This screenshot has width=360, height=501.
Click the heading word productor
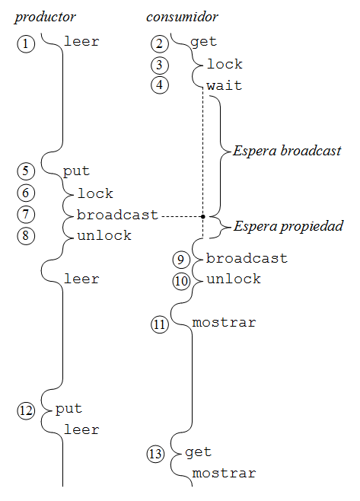pyautogui.click(x=45, y=18)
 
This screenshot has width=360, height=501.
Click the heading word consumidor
pyautogui.click(x=182, y=17)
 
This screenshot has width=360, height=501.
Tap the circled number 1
pyautogui.click(x=26, y=43)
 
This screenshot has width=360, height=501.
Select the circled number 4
pyautogui.click(x=160, y=85)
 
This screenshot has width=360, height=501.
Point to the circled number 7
pyautogui.click(x=26, y=214)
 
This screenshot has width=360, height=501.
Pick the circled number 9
pyautogui.click(x=181, y=260)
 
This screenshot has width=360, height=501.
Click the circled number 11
pyautogui.click(x=159, y=324)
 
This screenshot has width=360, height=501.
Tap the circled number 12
pyautogui.click(x=26, y=410)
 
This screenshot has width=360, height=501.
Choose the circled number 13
pyautogui.click(x=155, y=454)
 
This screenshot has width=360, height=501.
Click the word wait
pyautogui.click(x=225, y=85)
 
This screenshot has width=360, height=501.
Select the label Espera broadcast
pyautogui.click(x=287, y=151)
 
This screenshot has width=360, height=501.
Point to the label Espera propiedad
pyautogui.click(x=288, y=227)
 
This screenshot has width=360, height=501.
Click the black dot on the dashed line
pyautogui.click(x=203, y=217)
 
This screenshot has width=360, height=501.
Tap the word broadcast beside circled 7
pyautogui.click(x=117, y=215)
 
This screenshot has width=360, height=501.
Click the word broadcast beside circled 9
pyautogui.click(x=247, y=258)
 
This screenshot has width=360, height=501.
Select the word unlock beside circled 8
pyautogui.click(x=104, y=235)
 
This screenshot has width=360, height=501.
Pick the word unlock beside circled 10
pyautogui.click(x=234, y=279)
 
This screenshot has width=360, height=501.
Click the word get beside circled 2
pyautogui.click(x=204, y=42)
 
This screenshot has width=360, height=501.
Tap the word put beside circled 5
pyautogui.click(x=76, y=171)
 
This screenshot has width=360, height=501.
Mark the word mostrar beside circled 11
pyautogui.click(x=224, y=322)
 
